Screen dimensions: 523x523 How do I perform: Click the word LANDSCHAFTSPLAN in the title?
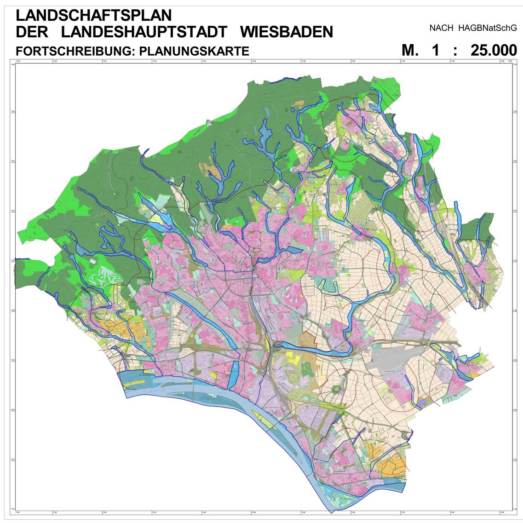click(x=93, y=16)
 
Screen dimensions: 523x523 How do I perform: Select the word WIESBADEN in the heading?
click(x=287, y=32)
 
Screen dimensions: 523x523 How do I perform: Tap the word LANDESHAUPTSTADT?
click(x=144, y=32)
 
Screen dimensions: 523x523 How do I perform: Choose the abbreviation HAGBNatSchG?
click(x=487, y=28)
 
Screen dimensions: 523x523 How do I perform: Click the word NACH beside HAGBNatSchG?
click(x=441, y=28)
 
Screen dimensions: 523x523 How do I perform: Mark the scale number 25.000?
click(x=494, y=50)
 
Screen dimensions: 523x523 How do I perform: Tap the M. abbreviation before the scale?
click(x=410, y=50)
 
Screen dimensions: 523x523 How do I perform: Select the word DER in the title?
click(x=31, y=32)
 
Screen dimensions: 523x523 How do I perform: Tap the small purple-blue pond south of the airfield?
click(x=422, y=403)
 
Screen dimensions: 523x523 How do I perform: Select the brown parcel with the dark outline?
click(x=308, y=339)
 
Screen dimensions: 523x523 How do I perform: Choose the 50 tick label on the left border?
click(x=12, y=260)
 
